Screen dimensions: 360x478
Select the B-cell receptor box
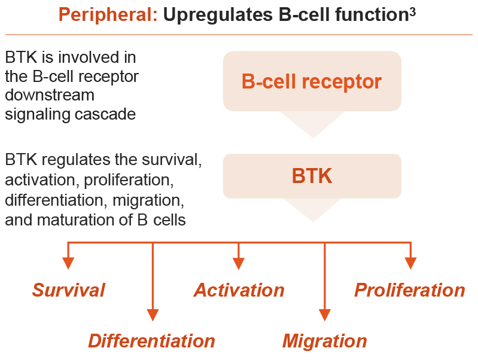(311, 81)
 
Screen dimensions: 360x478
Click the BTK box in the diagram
(311, 176)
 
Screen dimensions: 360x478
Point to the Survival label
(68, 290)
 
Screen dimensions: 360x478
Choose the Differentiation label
(151, 341)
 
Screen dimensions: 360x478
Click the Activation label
(239, 290)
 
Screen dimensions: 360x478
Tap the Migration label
(324, 341)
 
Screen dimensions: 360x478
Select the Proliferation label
(409, 290)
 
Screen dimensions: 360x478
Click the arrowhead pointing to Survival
(68, 263)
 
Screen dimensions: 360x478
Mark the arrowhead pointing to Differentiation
(153, 315)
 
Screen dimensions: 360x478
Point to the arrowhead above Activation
(239, 263)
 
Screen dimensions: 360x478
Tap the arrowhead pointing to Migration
(324, 315)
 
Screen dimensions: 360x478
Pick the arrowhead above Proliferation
(410, 263)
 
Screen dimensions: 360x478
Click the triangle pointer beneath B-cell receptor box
(312, 123)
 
